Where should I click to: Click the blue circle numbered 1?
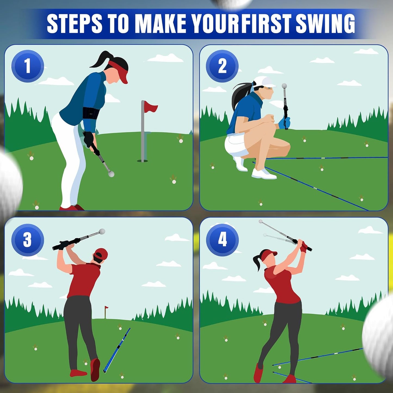[x=27, y=66]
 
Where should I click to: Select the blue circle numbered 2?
[x=222, y=66]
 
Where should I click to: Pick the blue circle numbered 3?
[x=27, y=240]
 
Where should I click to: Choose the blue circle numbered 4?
[x=222, y=240]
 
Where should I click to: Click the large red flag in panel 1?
[x=150, y=107]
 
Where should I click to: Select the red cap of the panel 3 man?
[x=101, y=253]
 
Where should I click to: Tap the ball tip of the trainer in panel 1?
[x=111, y=174]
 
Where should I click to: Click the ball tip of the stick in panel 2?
[x=284, y=86]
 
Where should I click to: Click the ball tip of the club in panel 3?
[x=102, y=231]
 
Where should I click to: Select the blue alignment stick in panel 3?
[x=117, y=350]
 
